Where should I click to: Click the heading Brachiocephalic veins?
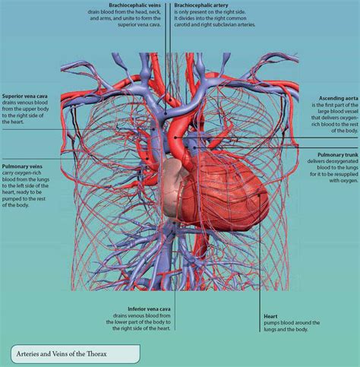click(134, 5)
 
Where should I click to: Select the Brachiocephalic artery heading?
click(201, 5)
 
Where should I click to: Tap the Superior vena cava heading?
click(24, 96)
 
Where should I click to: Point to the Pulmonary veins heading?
click(22, 166)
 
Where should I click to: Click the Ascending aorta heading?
click(339, 98)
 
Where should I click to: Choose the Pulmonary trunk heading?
click(338, 155)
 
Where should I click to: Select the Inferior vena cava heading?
click(149, 309)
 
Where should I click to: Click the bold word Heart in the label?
click(270, 316)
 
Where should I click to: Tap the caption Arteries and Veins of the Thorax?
click(62, 354)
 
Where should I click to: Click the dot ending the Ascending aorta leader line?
click(175, 138)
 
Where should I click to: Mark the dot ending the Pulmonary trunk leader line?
click(194, 147)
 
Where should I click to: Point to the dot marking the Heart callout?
click(259, 195)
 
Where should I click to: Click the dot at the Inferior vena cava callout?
click(175, 223)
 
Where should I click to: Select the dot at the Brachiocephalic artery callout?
click(171, 100)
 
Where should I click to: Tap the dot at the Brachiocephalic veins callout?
click(166, 114)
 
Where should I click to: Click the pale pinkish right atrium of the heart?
click(172, 188)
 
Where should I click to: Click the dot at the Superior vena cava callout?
click(153, 129)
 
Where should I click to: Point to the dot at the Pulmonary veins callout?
click(147, 159)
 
